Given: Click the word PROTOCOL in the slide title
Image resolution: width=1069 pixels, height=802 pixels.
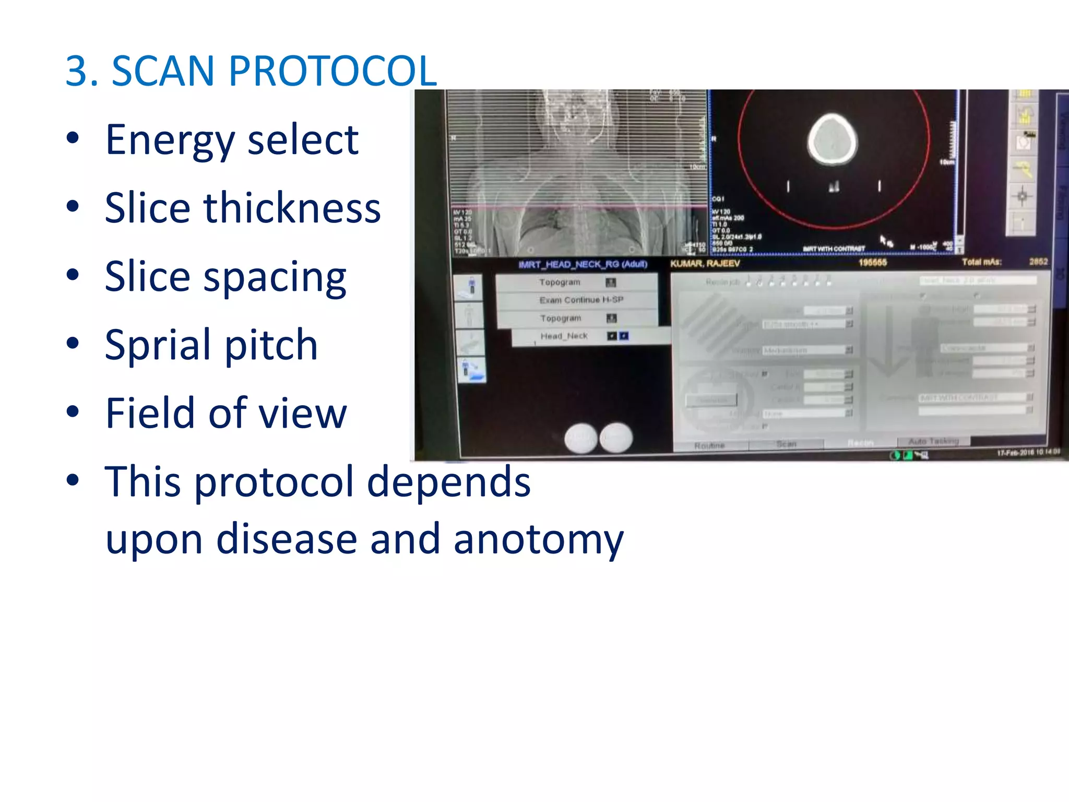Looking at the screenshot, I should (332, 71).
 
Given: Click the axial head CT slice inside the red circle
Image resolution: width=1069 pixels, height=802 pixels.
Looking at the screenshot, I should (832, 140).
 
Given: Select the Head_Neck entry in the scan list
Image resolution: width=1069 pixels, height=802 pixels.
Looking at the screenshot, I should (564, 336).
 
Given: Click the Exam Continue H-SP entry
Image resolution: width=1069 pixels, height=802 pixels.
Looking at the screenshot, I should (580, 300).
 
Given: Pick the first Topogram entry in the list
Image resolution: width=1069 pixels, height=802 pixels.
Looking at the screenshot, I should (560, 282).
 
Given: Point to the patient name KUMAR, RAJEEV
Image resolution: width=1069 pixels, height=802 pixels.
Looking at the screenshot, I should (705, 264).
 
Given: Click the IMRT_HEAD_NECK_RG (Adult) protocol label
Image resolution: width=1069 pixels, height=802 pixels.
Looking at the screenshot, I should (583, 265).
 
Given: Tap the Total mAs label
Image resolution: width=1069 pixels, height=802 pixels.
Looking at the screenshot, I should (981, 262).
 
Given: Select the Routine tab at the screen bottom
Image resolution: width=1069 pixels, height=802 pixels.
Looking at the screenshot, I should (709, 445).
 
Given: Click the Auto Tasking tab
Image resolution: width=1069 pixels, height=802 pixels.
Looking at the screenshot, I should (933, 442).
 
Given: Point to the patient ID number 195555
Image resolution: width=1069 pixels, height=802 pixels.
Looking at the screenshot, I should (873, 262).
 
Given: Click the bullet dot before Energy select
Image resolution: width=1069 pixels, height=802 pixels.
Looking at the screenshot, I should (73, 138).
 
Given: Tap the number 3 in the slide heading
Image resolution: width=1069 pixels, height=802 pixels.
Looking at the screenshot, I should (76, 71).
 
